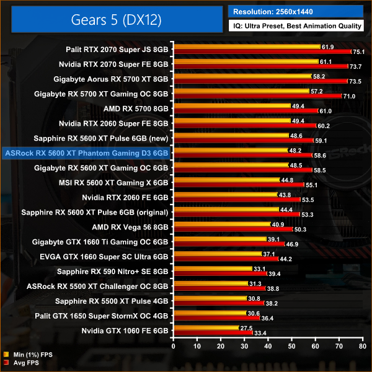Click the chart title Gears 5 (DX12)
point(115,19)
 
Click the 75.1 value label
point(360,52)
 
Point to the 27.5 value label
point(247,327)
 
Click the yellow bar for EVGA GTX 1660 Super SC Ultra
point(218,254)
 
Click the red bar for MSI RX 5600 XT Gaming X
point(239,185)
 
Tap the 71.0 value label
point(350,96)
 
